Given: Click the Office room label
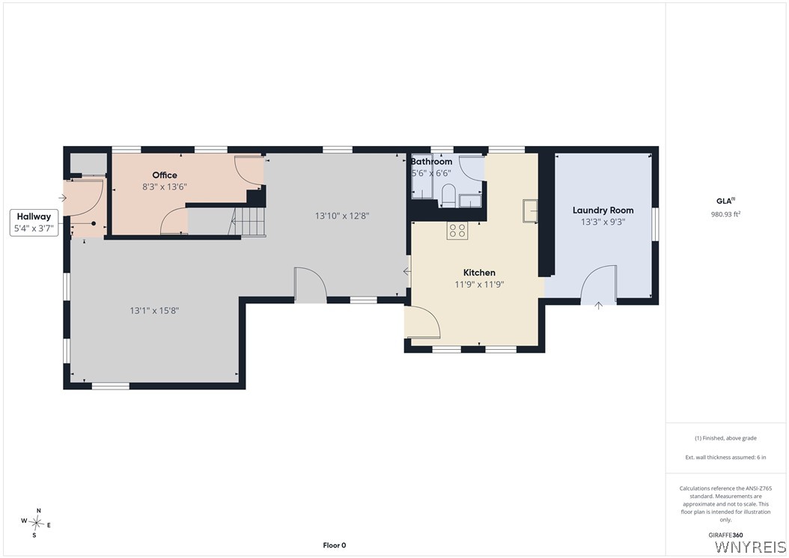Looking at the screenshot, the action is click(x=165, y=175).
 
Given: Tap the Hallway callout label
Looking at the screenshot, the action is click(x=34, y=216).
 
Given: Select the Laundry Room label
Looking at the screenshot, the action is click(x=603, y=210).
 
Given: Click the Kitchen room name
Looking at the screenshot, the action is click(x=479, y=273).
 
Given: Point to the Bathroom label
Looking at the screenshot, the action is click(x=432, y=162).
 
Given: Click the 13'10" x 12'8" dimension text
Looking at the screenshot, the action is click(x=342, y=216).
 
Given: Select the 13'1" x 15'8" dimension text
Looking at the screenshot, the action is click(x=154, y=311).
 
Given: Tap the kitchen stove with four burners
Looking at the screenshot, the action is click(x=457, y=231).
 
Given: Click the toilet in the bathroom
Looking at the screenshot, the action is click(x=448, y=195).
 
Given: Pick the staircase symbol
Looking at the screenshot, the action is click(x=247, y=222).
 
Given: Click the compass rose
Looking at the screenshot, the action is click(x=37, y=524).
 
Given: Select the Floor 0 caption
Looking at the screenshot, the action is click(x=335, y=545).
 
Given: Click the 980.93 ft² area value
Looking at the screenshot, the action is click(x=725, y=214).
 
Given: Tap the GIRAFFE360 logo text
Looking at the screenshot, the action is click(x=725, y=536).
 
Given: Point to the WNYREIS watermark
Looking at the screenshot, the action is click(x=750, y=547).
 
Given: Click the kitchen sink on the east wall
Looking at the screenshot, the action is click(x=530, y=210).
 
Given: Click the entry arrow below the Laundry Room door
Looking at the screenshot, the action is click(x=598, y=305).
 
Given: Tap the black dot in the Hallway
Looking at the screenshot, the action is click(x=94, y=223).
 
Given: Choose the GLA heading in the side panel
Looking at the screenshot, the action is click(x=725, y=201).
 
